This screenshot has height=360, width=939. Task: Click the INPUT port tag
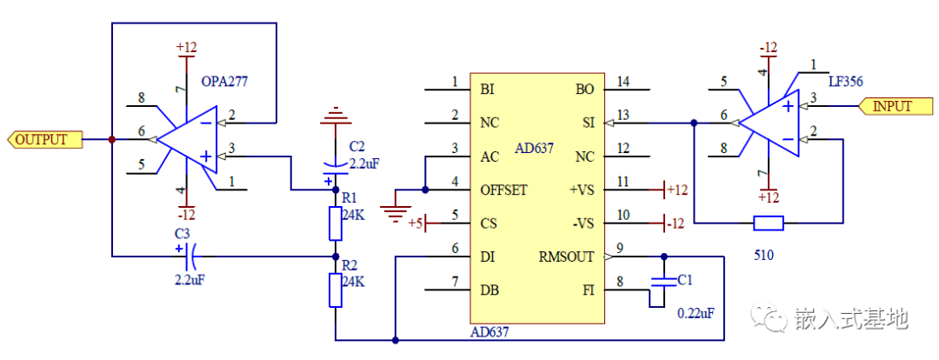pyautogui.click(x=890, y=106)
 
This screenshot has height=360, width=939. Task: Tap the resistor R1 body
pyautogui.click(x=336, y=223)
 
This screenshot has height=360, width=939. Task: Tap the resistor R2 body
pyautogui.click(x=336, y=290)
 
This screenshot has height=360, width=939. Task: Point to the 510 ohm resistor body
pyautogui.click(x=768, y=223)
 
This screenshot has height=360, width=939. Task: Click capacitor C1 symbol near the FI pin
pyautogui.click(x=663, y=282)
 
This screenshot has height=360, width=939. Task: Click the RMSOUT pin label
pyautogui.click(x=567, y=257)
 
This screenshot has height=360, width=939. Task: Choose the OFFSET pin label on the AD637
pyautogui.click(x=503, y=190)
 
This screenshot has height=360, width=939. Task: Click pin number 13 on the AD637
pyautogui.click(x=623, y=115)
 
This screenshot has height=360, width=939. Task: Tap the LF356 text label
pyautogui.click(x=844, y=81)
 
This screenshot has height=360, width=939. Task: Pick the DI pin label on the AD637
pyautogui.click(x=488, y=257)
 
